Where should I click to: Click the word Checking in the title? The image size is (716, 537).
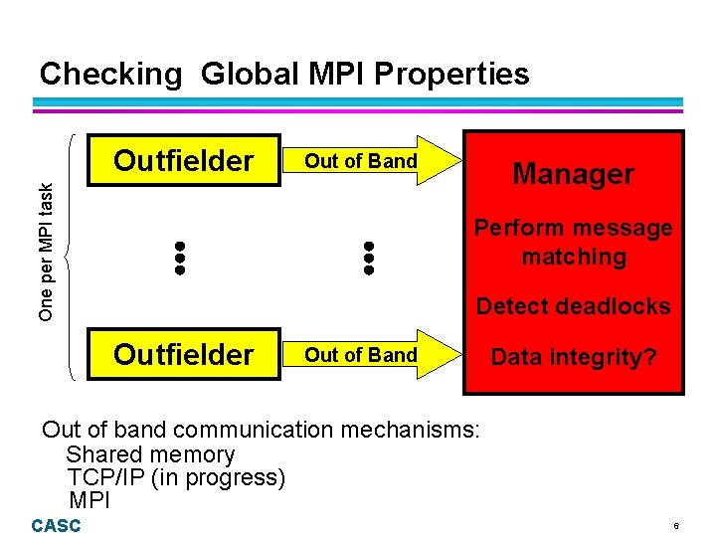click(110, 75)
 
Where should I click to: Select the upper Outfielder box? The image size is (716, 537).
click(184, 161)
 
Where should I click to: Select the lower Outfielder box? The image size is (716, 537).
click(184, 355)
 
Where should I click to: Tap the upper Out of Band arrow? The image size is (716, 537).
click(368, 161)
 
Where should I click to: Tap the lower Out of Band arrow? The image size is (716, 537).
click(368, 355)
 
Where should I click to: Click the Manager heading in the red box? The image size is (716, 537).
click(573, 174)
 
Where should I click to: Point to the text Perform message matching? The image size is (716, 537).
click(573, 243)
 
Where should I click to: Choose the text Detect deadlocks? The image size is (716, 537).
click(573, 306)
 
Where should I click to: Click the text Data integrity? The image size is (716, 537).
click(573, 356)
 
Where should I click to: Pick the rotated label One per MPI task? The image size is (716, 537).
click(47, 257)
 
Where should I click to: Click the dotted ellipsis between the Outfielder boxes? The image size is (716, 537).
click(180, 258)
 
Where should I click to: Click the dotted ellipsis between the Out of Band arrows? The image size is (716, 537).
click(368, 258)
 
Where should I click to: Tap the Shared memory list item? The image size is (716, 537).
click(150, 454)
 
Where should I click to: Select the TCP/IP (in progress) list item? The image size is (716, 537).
click(176, 477)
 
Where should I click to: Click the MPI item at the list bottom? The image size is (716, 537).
click(89, 499)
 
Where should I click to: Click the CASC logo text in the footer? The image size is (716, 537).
click(56, 525)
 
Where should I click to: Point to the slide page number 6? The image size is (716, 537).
click(675, 525)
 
